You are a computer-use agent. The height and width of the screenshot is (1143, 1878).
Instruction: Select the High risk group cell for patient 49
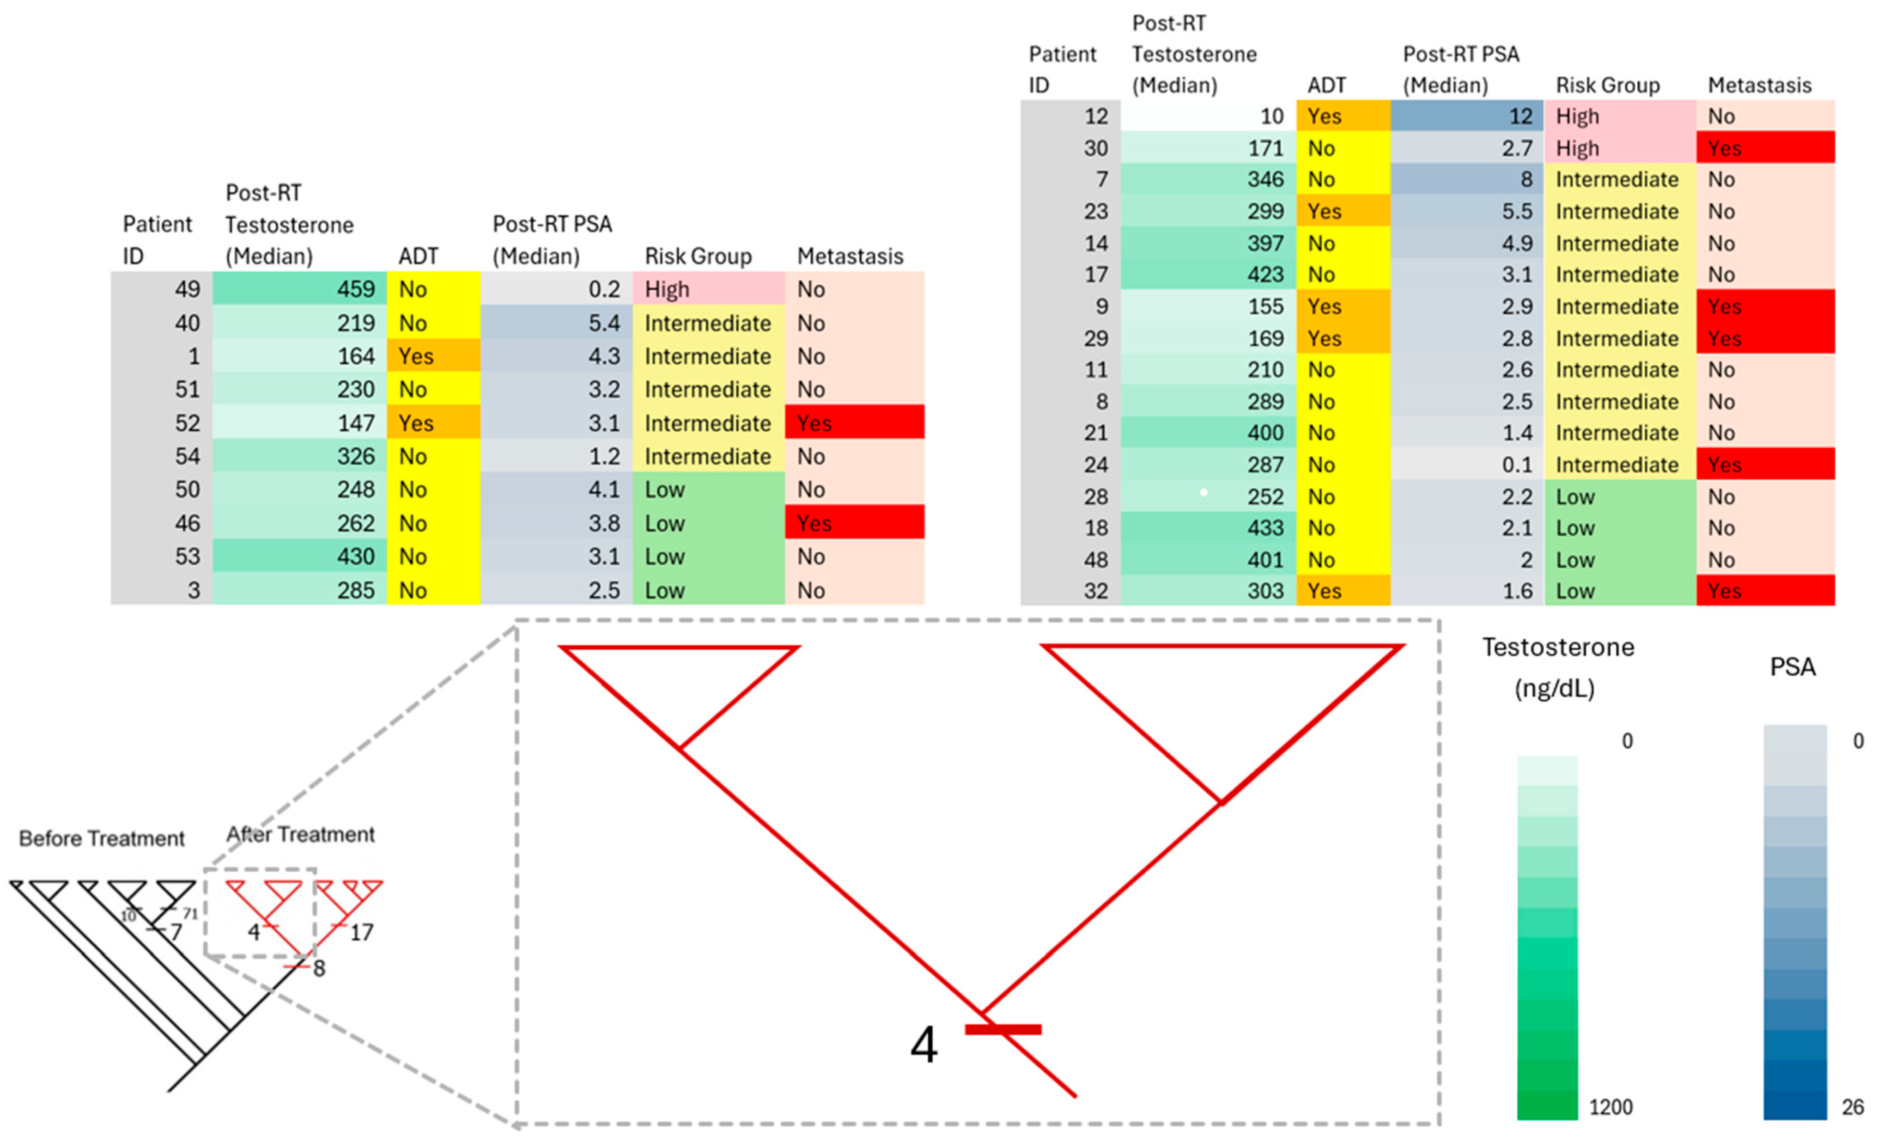pyautogui.click(x=708, y=289)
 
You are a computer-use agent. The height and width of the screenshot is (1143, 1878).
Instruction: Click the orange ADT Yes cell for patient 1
pyautogui.click(x=433, y=356)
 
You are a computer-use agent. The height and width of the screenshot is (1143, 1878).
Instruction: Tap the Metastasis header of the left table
pyautogui.click(x=850, y=256)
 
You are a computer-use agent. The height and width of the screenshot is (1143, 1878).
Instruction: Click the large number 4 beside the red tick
pyautogui.click(x=924, y=1045)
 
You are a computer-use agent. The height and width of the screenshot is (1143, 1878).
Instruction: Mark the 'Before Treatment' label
pyautogui.click(x=101, y=839)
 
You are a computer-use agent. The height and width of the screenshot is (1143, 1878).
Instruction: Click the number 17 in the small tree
pyautogui.click(x=361, y=932)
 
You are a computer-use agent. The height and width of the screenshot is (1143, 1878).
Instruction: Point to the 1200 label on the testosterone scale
pyautogui.click(x=1611, y=1106)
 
